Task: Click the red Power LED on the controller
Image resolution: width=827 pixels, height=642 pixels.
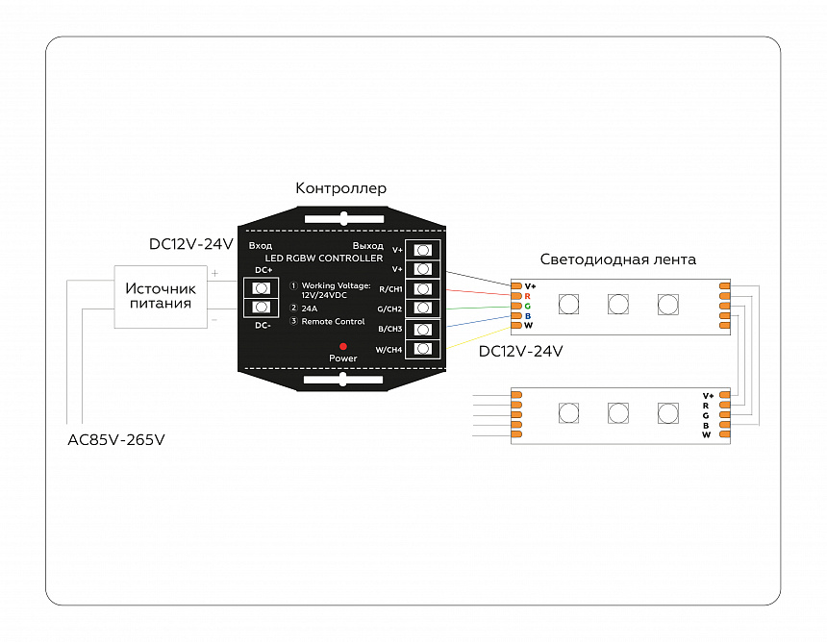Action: point(342,345)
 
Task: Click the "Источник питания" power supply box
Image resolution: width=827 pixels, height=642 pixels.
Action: point(161,296)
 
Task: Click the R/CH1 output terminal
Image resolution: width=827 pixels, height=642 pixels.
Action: point(422,288)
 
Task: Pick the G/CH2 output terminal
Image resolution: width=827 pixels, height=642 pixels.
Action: point(422,309)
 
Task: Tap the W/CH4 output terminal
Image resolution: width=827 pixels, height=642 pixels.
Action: point(422,349)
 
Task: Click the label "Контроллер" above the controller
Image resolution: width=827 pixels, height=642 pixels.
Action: point(340,188)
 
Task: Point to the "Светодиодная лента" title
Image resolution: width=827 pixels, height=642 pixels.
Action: point(617,259)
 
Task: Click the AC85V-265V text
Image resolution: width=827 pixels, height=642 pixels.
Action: point(115,440)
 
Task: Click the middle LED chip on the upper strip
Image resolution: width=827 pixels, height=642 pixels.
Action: point(618,305)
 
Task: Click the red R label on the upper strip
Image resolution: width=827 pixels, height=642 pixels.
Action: point(528,296)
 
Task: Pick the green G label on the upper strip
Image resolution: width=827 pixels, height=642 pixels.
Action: point(528,306)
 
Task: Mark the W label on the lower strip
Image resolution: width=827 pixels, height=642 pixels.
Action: point(706,435)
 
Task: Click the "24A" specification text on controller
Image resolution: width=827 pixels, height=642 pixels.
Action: point(310,309)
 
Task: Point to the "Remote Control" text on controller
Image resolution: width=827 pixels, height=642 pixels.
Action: point(333,321)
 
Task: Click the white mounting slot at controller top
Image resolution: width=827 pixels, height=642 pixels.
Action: point(342,218)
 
